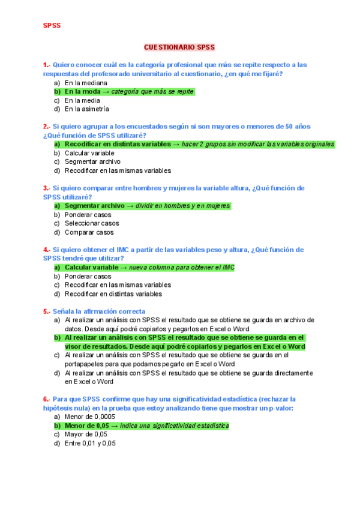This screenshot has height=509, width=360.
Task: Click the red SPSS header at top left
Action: pos(52,25)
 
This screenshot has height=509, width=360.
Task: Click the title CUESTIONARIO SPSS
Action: pos(179,47)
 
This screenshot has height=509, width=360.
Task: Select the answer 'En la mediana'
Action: pos(86,83)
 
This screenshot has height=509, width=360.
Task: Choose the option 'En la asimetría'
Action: pos(87,109)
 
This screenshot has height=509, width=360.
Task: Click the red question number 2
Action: pos(46,127)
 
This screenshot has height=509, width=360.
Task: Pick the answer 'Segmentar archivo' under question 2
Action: pos(92,161)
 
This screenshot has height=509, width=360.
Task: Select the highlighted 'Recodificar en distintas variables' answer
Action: pos(118,144)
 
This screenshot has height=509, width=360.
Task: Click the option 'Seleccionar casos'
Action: pos(92,223)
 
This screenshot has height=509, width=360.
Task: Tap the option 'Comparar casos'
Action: pos(89,232)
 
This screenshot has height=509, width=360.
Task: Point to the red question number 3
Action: pos(46,188)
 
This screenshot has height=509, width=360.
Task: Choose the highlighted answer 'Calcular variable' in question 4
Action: pos(91,268)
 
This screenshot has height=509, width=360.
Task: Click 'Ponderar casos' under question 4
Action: pos(88,277)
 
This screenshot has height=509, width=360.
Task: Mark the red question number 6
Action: pos(46,399)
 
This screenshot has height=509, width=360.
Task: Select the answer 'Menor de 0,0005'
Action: pos(91,417)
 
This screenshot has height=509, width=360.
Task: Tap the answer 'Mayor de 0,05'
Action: pos(86,434)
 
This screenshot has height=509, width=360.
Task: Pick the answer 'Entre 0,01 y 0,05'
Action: pos(90,443)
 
